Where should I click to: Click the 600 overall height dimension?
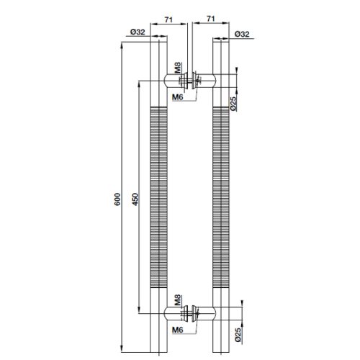coord(117,202)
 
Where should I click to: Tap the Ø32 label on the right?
coord(243,34)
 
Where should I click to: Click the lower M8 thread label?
coord(176,300)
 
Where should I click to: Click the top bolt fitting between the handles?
coord(190,79)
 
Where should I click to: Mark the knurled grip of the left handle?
coord(157,202)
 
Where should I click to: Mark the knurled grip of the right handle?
coord(222,202)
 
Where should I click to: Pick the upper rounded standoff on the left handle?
coord(174,79)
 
